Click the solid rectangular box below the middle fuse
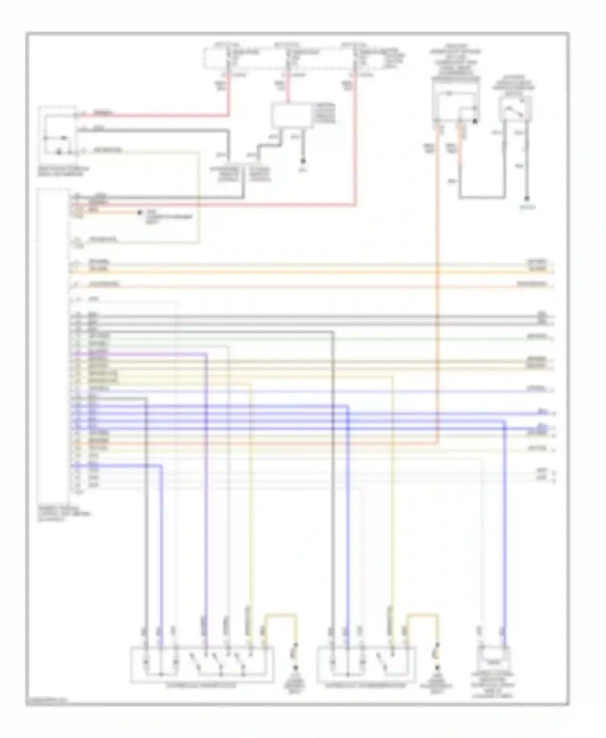point(292,115)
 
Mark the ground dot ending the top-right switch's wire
point(526,199)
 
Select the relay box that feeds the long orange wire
point(455,104)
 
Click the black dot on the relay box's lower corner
point(476,121)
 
